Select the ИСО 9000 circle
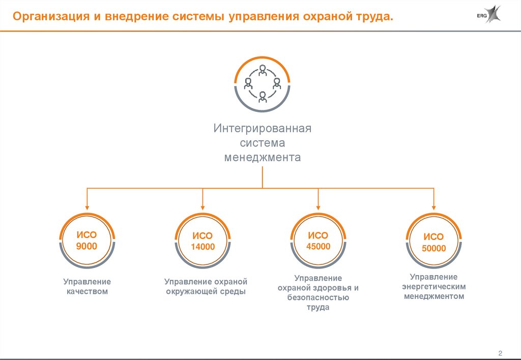tap(87, 241)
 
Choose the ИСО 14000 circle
tap(202, 242)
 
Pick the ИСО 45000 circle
tap(319, 241)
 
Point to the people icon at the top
tap(263, 83)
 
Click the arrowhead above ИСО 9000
tap(87, 207)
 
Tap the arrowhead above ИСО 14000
tap(202, 207)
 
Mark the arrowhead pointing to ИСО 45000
tap(319, 207)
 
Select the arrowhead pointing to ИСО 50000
tap(433, 207)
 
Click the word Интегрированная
tap(263, 128)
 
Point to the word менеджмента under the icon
tap(263, 157)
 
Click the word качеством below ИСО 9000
tap(87, 292)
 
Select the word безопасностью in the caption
tap(319, 297)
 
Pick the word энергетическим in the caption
tap(434, 286)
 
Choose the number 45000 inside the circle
tap(319, 247)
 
